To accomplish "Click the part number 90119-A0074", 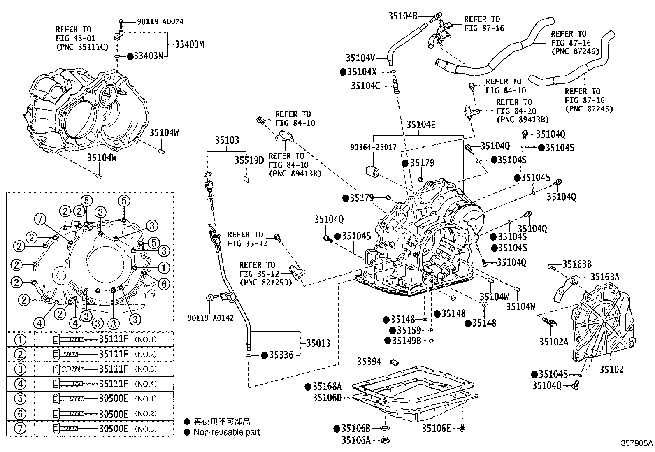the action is point(160,22).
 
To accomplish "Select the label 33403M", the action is point(190,44).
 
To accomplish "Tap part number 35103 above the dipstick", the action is point(227,140).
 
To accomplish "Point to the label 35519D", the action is point(249,160).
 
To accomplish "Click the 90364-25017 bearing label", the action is point(374,147).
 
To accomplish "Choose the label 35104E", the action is point(421,125).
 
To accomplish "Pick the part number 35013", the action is point(318,343).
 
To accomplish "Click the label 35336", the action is point(281,355).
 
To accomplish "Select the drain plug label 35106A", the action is point(356,440).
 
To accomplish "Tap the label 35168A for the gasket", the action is point(327,387).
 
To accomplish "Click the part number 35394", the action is point(369,362).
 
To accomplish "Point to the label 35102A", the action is point(553,342).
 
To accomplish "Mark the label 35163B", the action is point(577,264).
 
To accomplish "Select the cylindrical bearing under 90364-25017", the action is point(372,172).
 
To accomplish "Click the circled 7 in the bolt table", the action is point(20,428).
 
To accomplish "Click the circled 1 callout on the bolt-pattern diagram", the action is point(164,267).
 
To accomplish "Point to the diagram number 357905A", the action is point(636,443).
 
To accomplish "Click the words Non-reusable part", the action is point(227,432).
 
